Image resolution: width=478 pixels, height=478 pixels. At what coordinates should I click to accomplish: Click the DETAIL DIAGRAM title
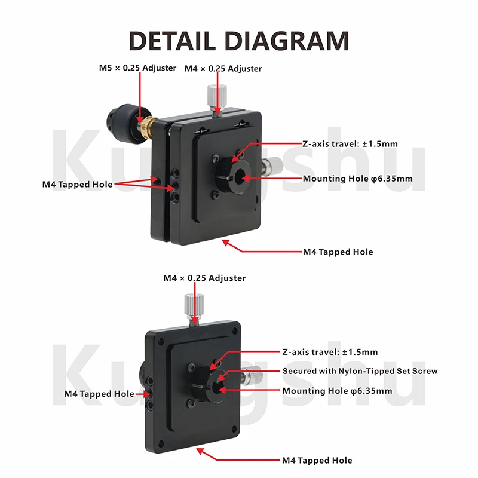[239, 41]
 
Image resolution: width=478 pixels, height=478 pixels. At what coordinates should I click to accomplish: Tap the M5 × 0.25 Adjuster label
[137, 68]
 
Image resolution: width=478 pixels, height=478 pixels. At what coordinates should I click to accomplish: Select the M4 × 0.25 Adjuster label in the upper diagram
[223, 68]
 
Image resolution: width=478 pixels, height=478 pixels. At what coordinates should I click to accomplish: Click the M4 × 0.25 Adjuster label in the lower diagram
[204, 278]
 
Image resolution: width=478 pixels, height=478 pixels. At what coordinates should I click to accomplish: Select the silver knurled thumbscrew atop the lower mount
[194, 305]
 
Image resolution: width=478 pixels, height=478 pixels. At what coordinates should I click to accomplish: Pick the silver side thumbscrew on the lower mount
[252, 376]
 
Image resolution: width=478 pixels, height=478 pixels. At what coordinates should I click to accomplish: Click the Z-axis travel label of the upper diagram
[350, 143]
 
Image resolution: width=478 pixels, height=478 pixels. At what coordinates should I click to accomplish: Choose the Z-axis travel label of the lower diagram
[330, 352]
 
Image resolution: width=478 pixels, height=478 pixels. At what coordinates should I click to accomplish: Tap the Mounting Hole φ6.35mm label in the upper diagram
[357, 179]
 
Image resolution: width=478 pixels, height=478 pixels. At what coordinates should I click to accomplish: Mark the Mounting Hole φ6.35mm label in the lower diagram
[337, 391]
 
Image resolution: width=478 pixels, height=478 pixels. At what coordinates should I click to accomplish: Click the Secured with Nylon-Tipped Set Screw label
[360, 371]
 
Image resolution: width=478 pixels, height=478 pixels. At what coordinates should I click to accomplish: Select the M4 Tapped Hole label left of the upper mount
[78, 185]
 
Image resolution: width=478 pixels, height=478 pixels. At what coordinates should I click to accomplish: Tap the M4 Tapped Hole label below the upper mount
[338, 252]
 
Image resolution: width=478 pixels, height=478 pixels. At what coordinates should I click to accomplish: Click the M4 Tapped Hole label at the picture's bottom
[317, 460]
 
